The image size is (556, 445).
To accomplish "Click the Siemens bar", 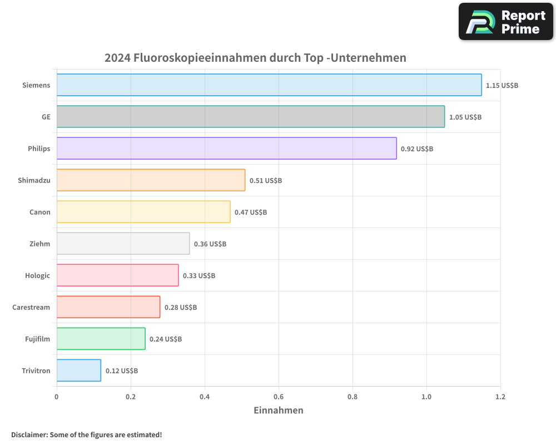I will (x=269, y=85).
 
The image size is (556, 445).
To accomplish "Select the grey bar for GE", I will (x=251, y=117).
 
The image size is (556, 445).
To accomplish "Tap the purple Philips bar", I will (x=226, y=149).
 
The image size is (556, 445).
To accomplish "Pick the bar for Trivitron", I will (x=79, y=370).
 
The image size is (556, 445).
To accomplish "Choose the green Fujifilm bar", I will (x=101, y=339).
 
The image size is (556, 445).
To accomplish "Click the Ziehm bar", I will (x=123, y=244).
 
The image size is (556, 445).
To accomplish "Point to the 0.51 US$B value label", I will (x=266, y=181).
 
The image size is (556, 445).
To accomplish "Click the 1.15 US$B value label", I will (x=502, y=86).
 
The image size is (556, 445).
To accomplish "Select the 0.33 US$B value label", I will (x=199, y=276).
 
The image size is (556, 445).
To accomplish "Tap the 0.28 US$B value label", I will (x=181, y=308).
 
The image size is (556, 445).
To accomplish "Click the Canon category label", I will (x=40, y=212).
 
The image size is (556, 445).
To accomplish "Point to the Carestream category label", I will (x=31, y=307).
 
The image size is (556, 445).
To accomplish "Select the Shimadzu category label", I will (x=34, y=180).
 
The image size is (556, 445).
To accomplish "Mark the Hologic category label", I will (x=37, y=275).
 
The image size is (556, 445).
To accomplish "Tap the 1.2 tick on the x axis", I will (x=500, y=397).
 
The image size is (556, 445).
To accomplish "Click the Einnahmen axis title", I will (x=279, y=411).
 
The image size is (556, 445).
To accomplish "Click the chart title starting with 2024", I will (x=255, y=58).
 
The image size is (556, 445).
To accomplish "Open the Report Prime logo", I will (x=505, y=22).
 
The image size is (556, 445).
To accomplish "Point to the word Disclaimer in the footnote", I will (x=29, y=434).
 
